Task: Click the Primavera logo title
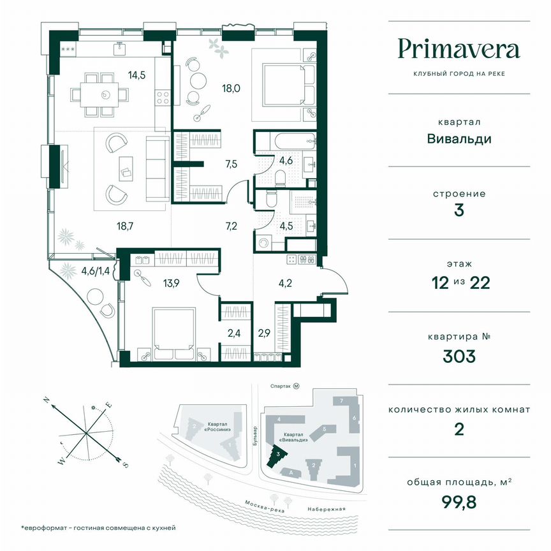[x=459, y=48]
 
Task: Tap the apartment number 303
[x=459, y=356]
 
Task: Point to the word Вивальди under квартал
[x=459, y=138]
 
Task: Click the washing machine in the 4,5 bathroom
[x=265, y=242]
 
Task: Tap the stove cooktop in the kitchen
[x=163, y=98]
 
